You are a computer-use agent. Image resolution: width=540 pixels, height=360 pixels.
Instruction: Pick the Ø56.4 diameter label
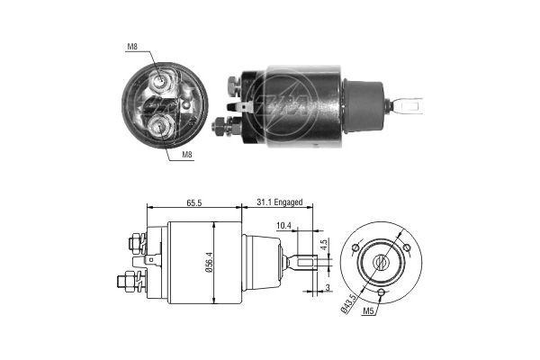pos(207,262)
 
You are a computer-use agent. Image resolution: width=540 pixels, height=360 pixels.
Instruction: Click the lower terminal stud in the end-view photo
pos(163,125)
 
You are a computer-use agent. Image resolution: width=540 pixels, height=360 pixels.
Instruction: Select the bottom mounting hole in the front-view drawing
pos(382,293)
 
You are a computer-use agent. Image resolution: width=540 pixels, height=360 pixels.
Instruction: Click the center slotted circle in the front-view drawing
pos(381,263)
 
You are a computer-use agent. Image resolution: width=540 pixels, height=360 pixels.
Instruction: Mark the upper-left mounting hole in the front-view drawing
pos(356,247)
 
